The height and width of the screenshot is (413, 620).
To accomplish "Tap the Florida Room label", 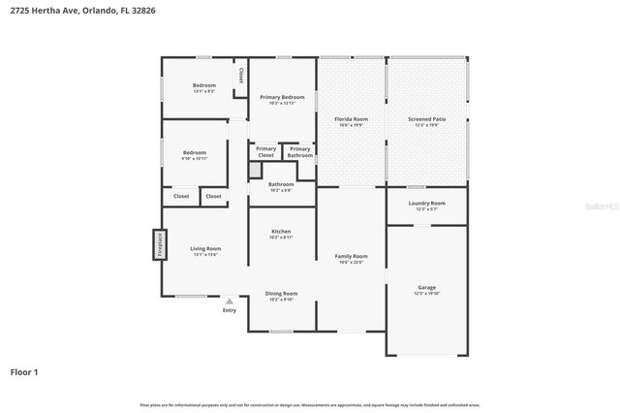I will (x=353, y=120).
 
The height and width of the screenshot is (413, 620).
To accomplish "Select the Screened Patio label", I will (x=427, y=120).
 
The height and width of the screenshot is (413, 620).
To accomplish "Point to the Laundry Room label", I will (x=427, y=205).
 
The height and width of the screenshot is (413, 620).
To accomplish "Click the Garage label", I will (x=427, y=289).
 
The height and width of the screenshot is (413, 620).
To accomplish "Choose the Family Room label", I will (x=351, y=258).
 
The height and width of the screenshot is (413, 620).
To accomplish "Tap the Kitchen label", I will (x=281, y=233).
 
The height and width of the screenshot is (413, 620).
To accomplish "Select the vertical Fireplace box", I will (x=158, y=244).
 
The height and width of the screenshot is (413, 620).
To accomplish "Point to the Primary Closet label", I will (x=265, y=152).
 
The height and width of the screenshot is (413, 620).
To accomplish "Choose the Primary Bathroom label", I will (x=299, y=152).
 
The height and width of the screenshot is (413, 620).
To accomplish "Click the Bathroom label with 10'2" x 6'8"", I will (x=281, y=185).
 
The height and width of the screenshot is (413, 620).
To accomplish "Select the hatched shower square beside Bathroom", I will (x=255, y=170).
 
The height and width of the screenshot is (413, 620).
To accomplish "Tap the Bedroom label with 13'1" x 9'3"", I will (x=203, y=87).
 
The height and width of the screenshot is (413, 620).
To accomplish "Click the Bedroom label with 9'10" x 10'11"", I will (x=195, y=154).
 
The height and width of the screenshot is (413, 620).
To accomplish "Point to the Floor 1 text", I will (x=24, y=371).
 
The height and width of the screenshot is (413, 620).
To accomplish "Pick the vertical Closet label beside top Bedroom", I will (x=241, y=74).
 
